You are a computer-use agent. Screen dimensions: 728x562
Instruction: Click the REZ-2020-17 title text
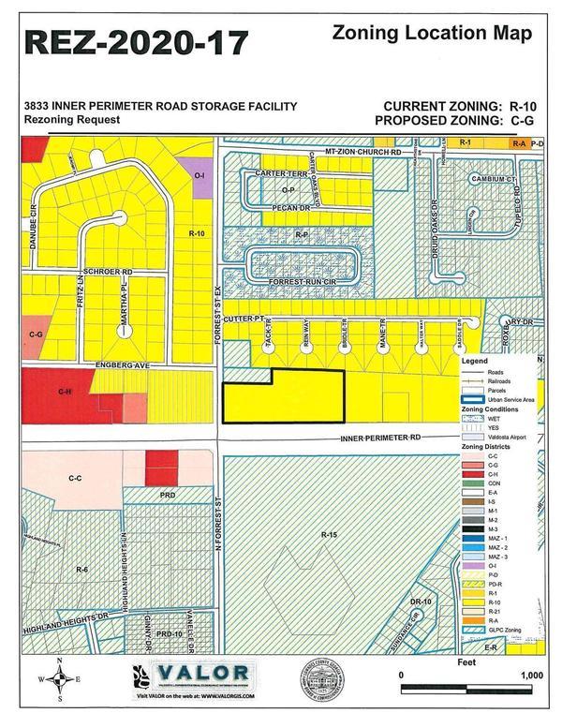point(137,43)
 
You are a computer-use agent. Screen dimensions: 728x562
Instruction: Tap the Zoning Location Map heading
point(433,34)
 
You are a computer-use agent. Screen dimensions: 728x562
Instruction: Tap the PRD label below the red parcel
point(168,494)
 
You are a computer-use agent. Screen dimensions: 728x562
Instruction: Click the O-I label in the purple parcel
point(199,175)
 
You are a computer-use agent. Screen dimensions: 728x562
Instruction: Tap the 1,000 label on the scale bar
point(530,675)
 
